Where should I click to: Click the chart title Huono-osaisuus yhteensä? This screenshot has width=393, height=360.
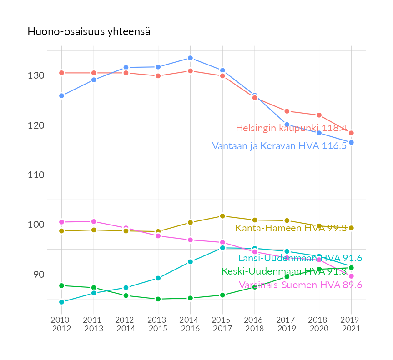[x=89, y=32]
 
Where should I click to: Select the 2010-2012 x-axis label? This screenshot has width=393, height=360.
[x=61, y=325]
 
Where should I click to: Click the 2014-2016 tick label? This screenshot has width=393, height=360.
[x=190, y=325]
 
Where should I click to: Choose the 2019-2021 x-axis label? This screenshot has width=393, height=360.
[x=351, y=325]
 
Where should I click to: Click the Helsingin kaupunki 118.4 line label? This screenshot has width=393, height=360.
[x=291, y=128]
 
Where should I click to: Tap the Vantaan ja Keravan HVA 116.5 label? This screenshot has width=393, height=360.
[x=279, y=146]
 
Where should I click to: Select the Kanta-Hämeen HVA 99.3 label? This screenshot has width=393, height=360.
[x=291, y=228]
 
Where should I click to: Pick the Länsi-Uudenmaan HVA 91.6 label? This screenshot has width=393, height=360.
[x=300, y=258]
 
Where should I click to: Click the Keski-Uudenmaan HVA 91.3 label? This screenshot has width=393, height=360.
[x=284, y=271]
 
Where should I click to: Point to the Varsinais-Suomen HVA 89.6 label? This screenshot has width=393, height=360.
[x=300, y=285]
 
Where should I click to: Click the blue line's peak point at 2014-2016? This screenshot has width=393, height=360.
[x=190, y=58]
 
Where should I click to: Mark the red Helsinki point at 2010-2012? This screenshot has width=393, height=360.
[x=61, y=73]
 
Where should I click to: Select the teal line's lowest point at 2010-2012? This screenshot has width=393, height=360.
[x=61, y=302]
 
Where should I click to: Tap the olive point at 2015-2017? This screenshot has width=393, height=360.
[x=222, y=216]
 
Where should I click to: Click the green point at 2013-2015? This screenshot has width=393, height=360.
[x=158, y=299]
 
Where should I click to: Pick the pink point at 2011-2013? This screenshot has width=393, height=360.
[x=94, y=221]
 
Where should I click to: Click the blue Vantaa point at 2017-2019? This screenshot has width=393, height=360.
[x=287, y=125]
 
